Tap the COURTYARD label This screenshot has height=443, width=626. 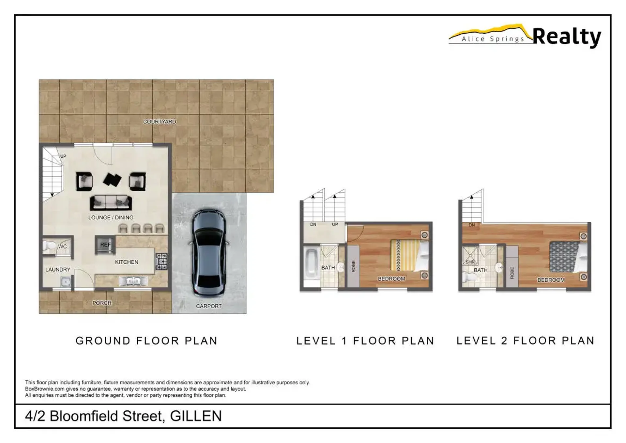pos(160,121)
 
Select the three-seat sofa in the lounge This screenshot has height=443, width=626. pos(111,203)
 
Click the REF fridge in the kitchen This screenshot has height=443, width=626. pos(105,245)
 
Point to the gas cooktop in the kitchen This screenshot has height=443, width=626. pos(161,261)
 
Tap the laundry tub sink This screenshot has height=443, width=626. pos(66,282)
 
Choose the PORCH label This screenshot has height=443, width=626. pos(102,303)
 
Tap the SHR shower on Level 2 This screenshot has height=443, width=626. pos(470,255)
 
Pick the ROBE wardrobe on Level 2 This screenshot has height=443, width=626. pos(512,267)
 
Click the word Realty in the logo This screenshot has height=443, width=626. pos(567,37)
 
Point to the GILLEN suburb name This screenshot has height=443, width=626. pos(196,416)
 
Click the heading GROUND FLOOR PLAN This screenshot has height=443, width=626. pos(146,341)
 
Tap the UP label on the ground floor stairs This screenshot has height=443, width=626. pos(63,156)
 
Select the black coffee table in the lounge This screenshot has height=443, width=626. pos(112,179)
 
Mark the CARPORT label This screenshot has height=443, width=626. pos(209,306)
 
